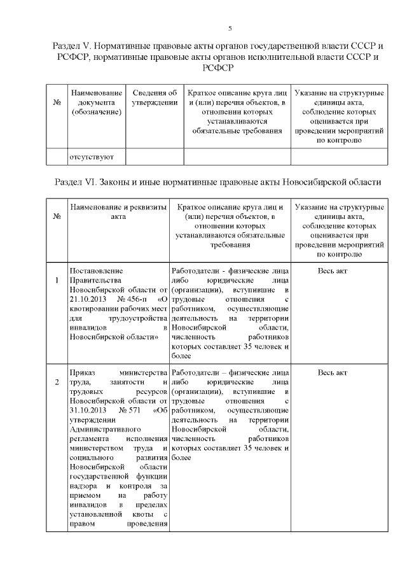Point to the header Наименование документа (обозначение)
pyautogui.click(x=96, y=102)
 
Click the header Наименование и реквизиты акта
pyautogui.click(x=118, y=212)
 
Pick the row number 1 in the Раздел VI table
pyautogui.click(x=57, y=280)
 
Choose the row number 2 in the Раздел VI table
pyautogui.click(x=57, y=382)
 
